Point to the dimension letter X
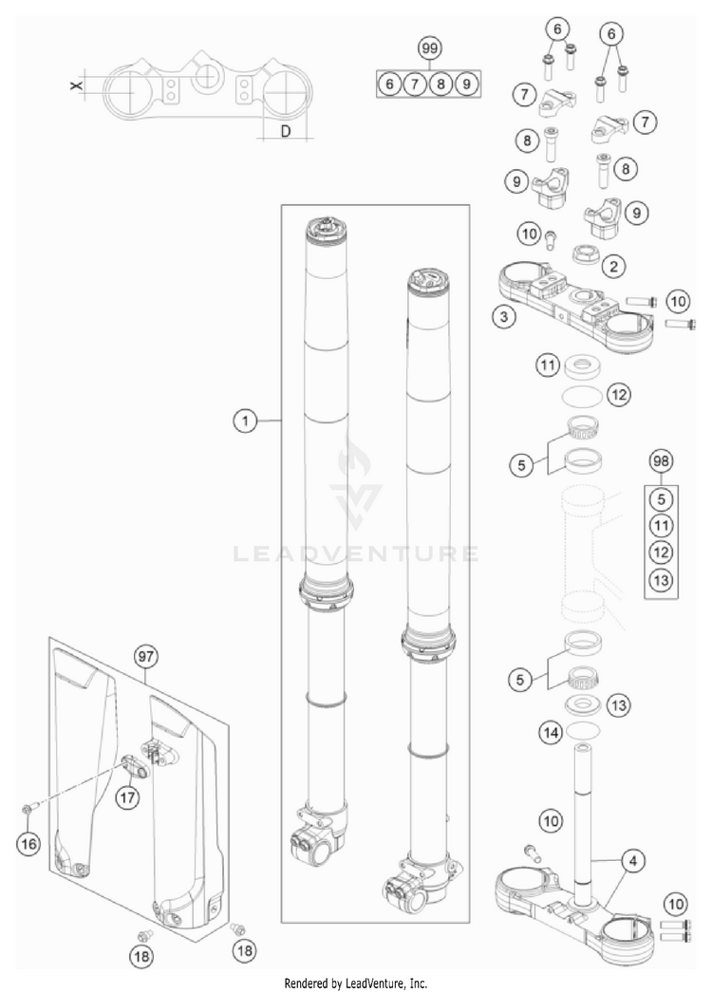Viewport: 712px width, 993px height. point(77,86)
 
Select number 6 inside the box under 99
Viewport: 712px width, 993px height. point(389,84)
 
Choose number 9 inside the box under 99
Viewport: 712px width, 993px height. point(465,84)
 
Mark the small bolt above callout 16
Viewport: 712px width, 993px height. point(26,809)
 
